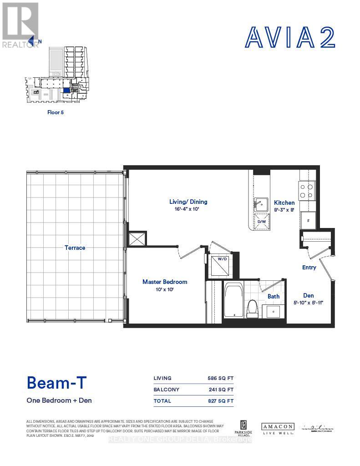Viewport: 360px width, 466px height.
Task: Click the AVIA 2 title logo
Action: coord(290,37)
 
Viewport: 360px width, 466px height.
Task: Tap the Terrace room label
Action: coord(75,248)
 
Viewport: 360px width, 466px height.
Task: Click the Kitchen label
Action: coord(284,203)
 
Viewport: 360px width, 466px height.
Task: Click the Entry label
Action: coord(309,267)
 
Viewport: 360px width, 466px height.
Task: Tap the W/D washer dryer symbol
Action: coord(221,264)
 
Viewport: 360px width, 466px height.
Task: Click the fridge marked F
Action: coord(308,220)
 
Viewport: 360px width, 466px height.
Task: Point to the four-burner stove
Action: coord(307,190)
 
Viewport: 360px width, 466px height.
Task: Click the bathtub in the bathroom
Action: coord(234,300)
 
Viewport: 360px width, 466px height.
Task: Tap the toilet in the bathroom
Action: coord(252,309)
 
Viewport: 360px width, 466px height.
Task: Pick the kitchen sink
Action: coord(261,203)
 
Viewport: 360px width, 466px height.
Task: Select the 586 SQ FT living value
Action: coord(220,378)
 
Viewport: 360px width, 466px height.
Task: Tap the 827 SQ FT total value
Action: coord(220,401)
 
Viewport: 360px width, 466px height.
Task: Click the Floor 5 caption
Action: coord(56,112)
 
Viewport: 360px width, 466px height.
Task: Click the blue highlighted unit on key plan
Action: coord(67,90)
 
